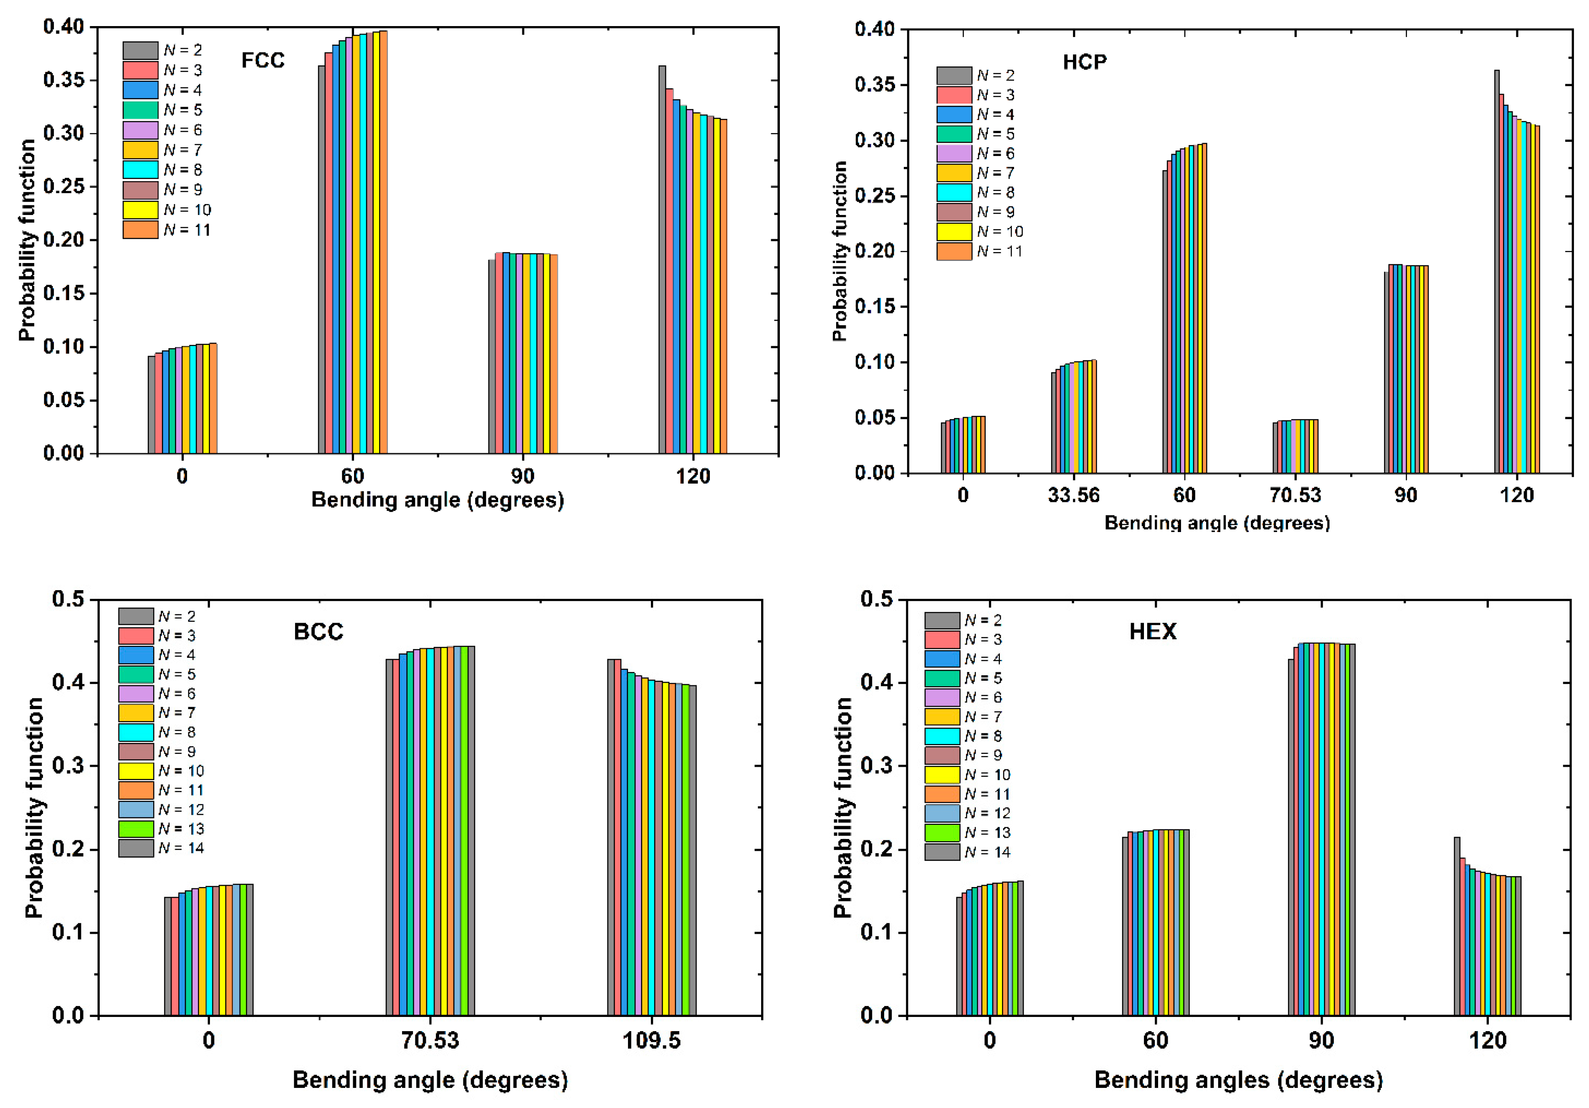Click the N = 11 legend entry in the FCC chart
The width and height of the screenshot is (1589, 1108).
coord(166,230)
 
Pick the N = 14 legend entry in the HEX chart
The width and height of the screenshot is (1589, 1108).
coord(967,852)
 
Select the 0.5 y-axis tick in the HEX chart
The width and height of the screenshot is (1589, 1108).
coord(876,599)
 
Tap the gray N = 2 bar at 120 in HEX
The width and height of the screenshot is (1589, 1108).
coord(1457,927)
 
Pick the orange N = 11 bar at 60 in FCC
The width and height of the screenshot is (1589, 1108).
coord(383,242)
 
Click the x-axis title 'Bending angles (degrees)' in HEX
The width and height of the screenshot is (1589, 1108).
coord(1238,1080)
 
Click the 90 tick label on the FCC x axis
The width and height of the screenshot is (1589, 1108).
coord(522,476)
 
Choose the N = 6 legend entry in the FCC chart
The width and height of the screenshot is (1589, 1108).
coord(166,130)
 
